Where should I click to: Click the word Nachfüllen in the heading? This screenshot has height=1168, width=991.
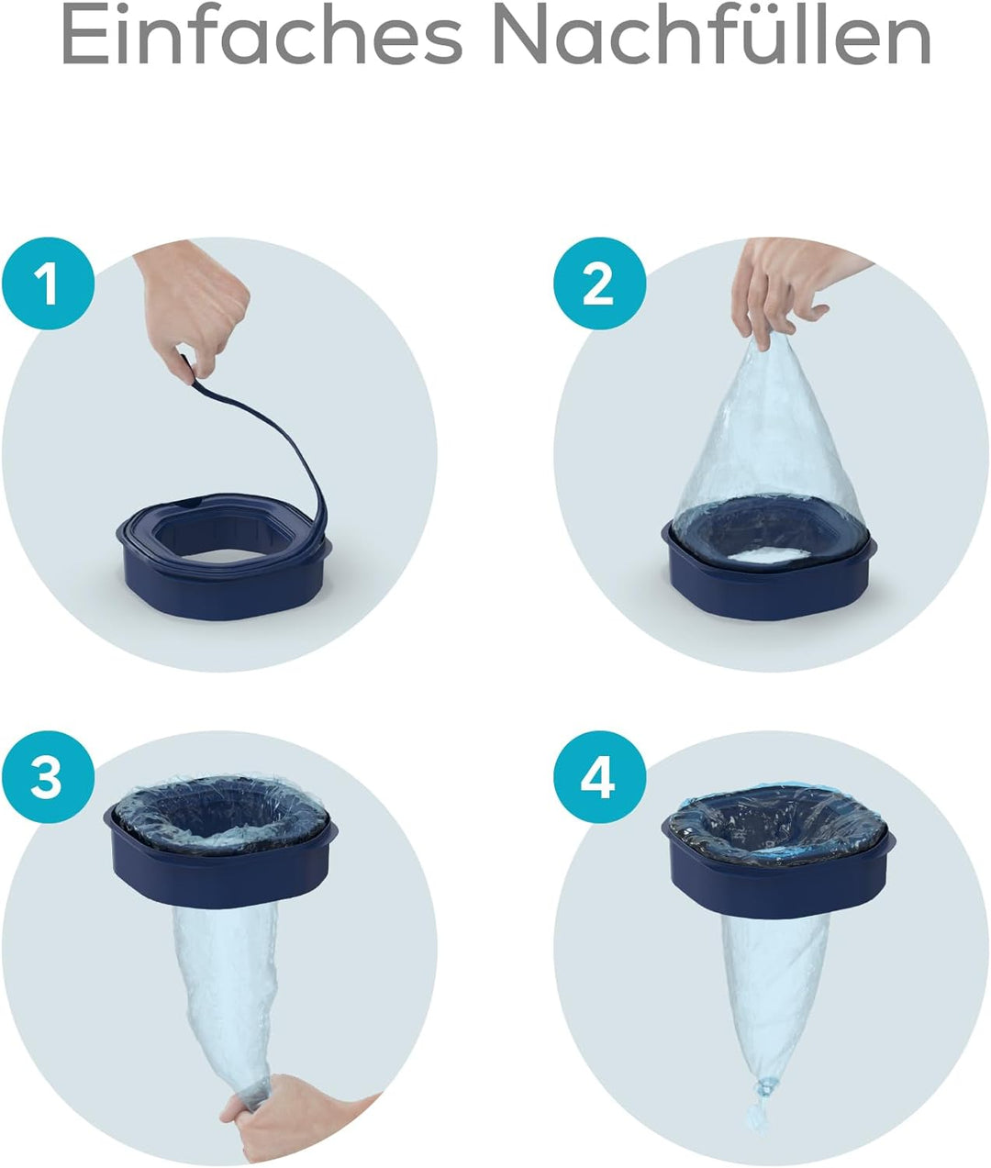(x=712, y=35)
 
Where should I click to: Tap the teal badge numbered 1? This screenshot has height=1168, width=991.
(x=48, y=284)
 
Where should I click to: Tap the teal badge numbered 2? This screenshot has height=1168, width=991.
(x=599, y=284)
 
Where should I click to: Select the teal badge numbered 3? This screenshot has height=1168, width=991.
(x=48, y=778)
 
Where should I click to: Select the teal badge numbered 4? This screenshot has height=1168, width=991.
(x=599, y=778)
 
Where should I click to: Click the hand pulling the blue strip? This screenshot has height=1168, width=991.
(x=195, y=306)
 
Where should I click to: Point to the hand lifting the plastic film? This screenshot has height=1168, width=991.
(x=791, y=288)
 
